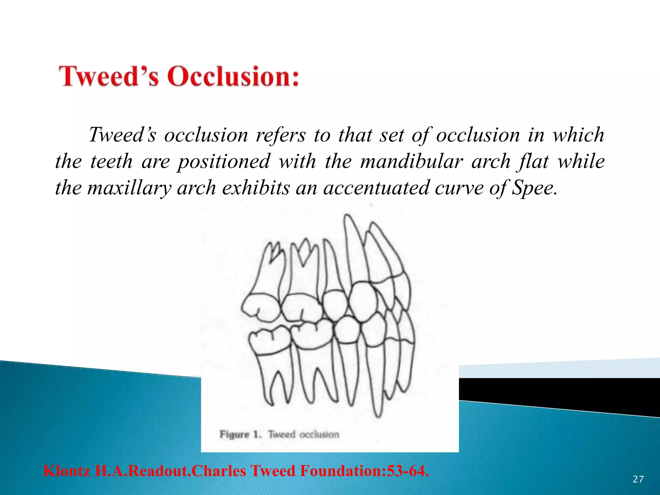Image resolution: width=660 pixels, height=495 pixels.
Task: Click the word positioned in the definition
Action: [224, 161]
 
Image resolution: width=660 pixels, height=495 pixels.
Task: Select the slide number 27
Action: [638, 480]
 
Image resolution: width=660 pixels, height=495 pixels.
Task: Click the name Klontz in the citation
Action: [66, 471]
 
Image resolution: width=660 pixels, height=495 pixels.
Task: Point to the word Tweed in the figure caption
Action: [282, 434]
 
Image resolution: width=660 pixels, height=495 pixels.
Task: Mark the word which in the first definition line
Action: [578, 135]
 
